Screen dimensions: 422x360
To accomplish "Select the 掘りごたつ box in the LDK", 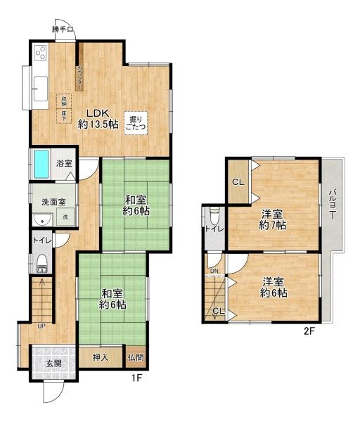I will pos(136,122).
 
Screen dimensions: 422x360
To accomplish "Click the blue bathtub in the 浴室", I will pos(41,164).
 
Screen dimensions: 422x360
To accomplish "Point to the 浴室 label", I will pos(65,164).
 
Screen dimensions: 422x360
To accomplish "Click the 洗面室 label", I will pos(53,202).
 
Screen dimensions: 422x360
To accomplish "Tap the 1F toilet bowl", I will pos(41,264).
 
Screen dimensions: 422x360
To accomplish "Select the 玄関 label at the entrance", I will pos(54,363).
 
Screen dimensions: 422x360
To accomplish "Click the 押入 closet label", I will pos(101,357).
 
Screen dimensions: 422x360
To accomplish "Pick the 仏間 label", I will pos(136,357).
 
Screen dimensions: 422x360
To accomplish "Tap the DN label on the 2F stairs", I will pos(214,272).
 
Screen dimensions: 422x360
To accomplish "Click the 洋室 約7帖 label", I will pos(273,219).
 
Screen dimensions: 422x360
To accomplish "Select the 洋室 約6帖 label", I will pos(274,288).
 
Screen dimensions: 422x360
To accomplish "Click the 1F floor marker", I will pos(138,378).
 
